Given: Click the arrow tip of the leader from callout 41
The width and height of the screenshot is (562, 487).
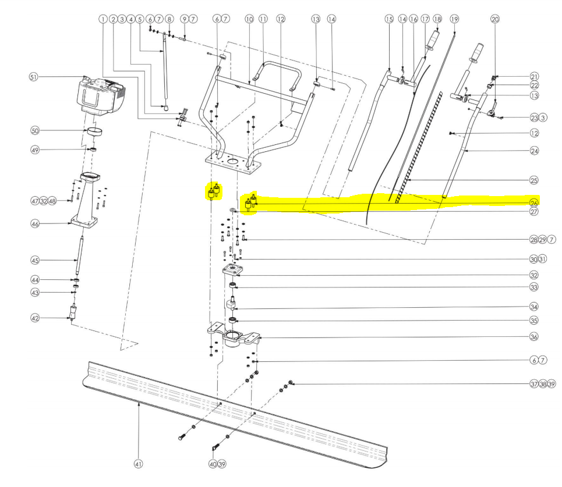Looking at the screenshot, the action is click(x=139, y=403).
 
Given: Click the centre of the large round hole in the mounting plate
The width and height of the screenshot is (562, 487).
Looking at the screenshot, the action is click(x=233, y=162).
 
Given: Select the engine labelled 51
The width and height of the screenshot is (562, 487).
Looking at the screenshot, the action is click(x=101, y=96).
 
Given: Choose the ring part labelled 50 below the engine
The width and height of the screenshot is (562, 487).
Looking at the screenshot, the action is click(x=94, y=131).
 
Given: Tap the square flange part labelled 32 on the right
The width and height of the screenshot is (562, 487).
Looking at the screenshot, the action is click(x=232, y=269).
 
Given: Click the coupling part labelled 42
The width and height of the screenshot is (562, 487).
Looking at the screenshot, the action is click(x=73, y=312).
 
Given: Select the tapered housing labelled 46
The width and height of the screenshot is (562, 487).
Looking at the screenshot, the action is click(x=85, y=201).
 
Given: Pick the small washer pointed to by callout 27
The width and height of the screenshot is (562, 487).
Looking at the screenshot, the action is click(x=232, y=210).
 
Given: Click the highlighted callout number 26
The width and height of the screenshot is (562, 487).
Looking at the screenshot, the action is click(x=534, y=203).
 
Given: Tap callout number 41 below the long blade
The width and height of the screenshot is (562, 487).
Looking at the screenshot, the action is click(x=139, y=464).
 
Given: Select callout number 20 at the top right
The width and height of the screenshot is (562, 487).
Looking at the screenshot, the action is click(x=495, y=19).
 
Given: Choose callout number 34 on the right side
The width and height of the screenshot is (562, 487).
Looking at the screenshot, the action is click(x=534, y=307).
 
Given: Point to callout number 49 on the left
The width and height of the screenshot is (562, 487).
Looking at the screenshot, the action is click(x=35, y=150).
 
